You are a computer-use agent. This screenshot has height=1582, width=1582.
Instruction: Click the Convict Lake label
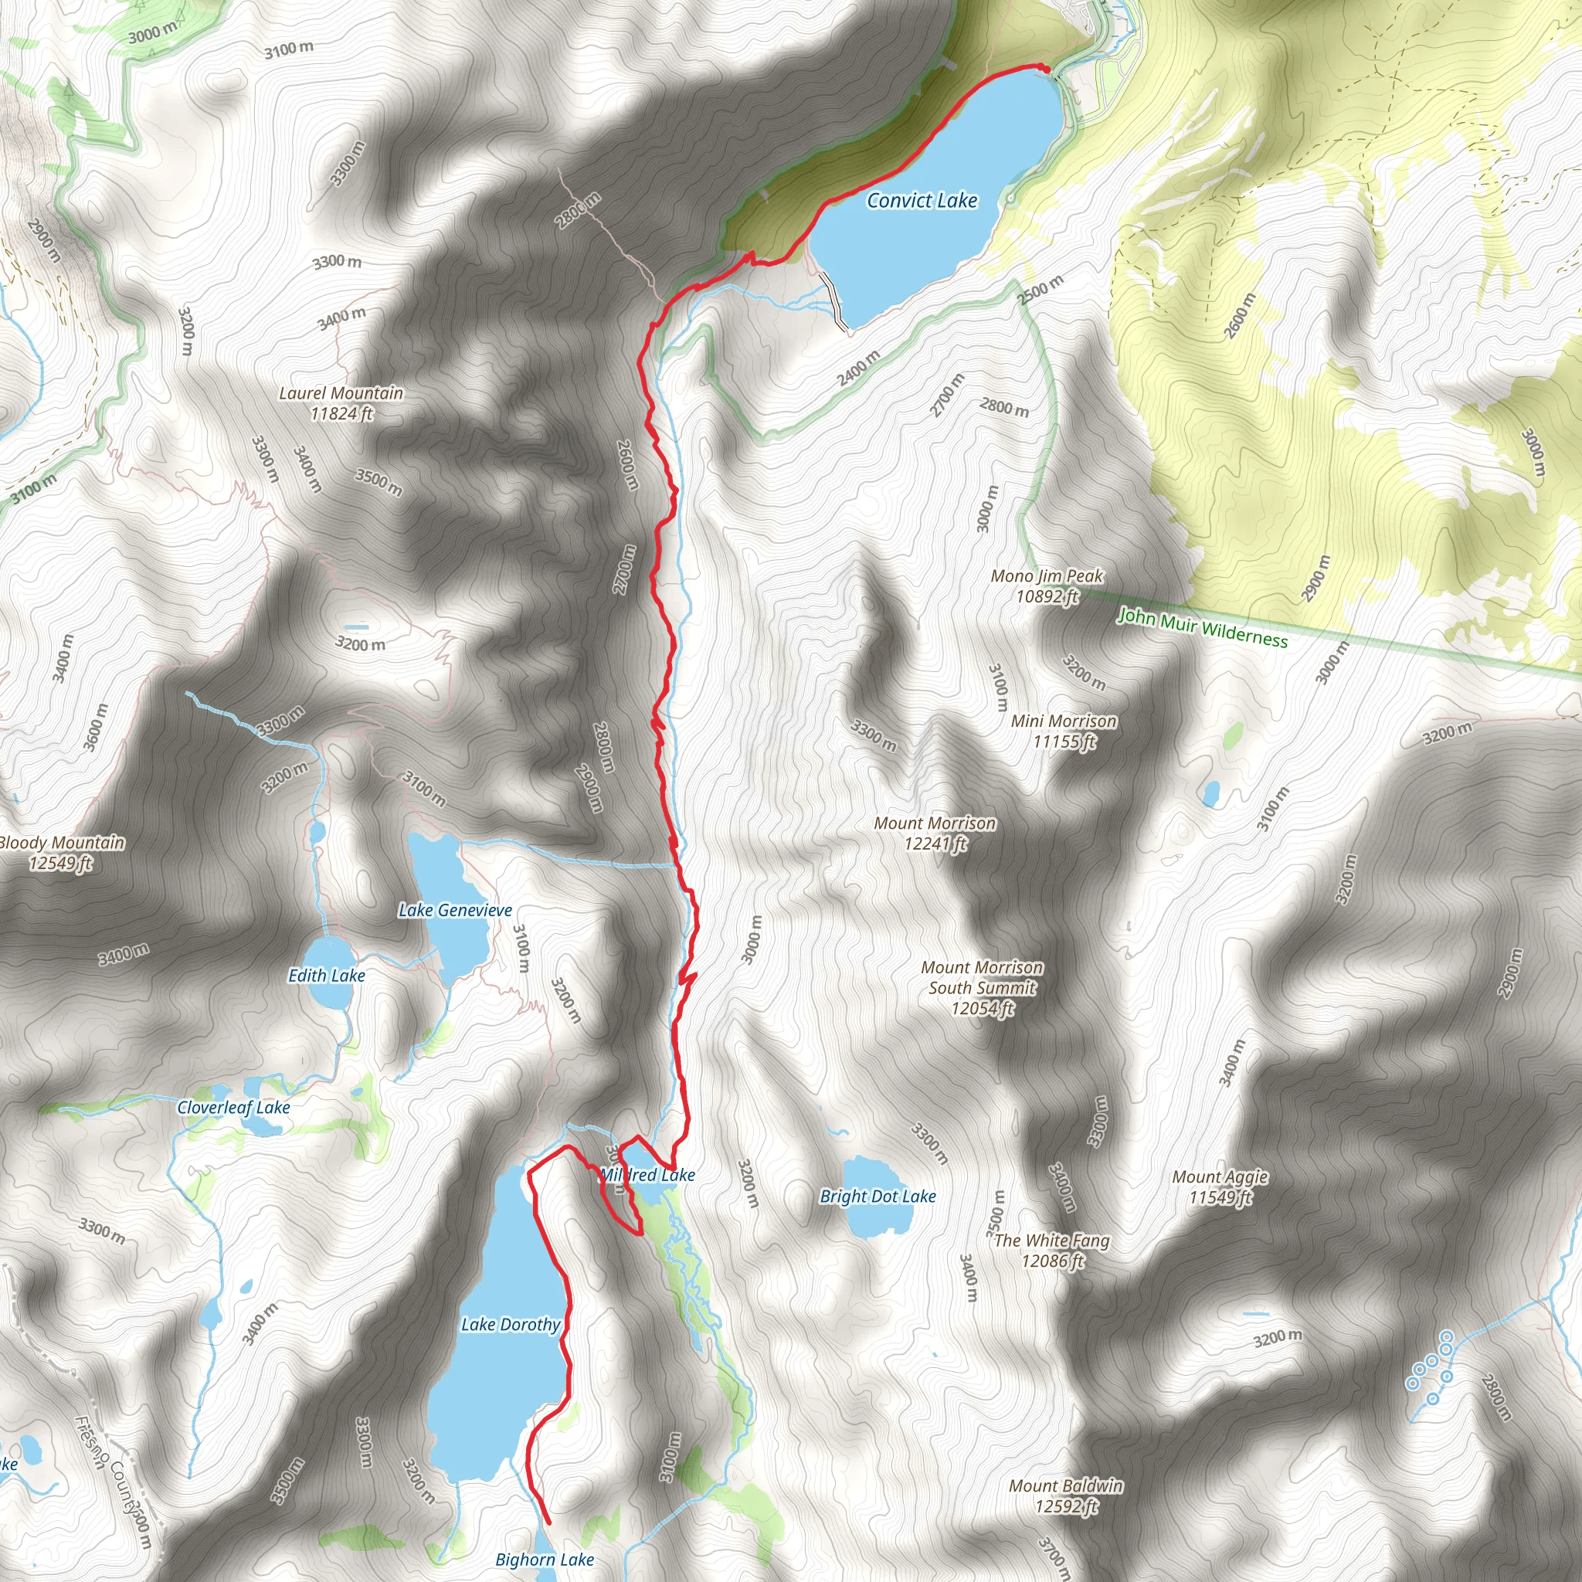(x=922, y=201)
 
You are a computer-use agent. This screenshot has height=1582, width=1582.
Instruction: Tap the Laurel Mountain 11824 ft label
(x=341, y=404)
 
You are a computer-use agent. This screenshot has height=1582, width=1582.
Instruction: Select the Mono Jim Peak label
(x=1047, y=586)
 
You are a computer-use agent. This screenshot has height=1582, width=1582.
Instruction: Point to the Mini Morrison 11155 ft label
(x=1064, y=732)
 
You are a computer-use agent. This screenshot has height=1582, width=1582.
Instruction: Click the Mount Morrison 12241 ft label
(x=935, y=833)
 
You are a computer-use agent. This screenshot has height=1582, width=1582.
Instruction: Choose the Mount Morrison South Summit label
(x=982, y=987)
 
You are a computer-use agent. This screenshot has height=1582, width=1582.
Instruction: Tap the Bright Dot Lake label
(x=878, y=1197)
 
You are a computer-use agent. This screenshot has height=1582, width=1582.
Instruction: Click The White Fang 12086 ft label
(x=1051, y=1251)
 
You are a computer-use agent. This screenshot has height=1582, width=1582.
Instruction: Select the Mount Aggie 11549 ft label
(x=1220, y=1187)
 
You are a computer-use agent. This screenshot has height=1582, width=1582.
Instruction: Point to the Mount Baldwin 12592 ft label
(x=1066, y=1496)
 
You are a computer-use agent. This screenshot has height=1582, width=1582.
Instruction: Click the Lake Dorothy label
(x=511, y=1324)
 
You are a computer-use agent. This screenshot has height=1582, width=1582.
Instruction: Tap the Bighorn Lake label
(x=545, y=1560)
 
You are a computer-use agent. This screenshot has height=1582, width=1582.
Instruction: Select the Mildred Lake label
(x=647, y=1175)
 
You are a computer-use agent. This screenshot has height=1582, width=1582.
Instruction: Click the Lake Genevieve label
(x=455, y=910)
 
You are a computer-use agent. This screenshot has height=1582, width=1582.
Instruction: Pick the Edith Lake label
(x=327, y=976)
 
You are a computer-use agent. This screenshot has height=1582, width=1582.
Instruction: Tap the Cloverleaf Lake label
(x=234, y=1107)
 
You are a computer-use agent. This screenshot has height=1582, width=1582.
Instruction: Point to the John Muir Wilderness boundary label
(x=1203, y=627)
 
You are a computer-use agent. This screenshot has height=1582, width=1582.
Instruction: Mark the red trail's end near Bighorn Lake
(x=548, y=1523)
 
